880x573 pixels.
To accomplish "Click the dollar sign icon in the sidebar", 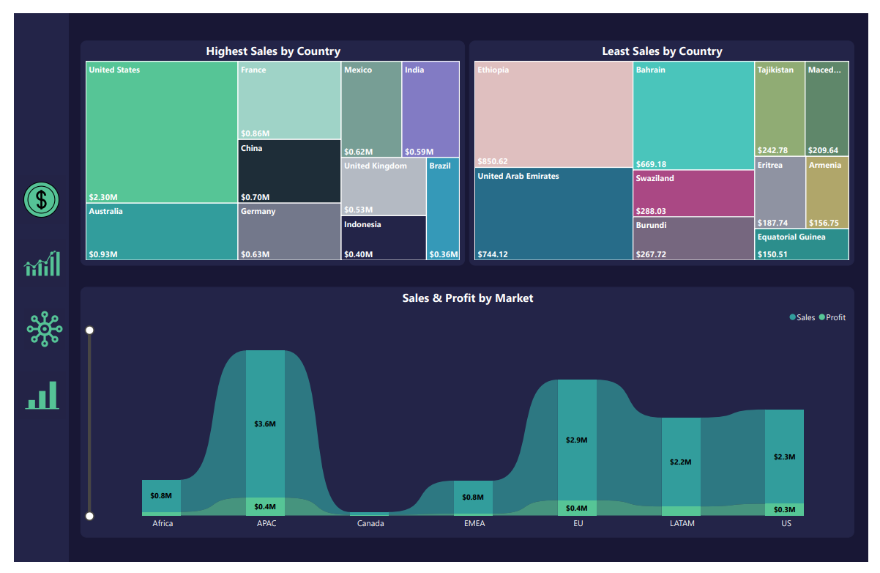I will [x=42, y=199].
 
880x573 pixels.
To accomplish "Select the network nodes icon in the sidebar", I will [x=45, y=329].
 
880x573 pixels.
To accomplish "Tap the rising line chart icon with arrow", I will [x=42, y=263].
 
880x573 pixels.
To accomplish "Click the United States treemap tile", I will [x=161, y=132].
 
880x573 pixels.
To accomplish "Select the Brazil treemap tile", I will [x=443, y=209].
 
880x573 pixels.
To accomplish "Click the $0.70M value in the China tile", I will [x=255, y=197].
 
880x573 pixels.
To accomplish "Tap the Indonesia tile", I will [x=384, y=238].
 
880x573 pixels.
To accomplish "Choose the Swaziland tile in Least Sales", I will [x=693, y=193].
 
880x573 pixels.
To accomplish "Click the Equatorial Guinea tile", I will [x=802, y=245].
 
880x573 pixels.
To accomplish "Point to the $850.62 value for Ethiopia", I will [x=493, y=161].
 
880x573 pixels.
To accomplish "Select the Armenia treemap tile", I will [x=827, y=192].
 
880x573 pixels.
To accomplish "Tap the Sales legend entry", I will [x=802, y=317].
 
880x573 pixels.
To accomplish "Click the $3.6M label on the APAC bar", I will [x=265, y=424].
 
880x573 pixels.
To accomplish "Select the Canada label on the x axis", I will [x=370, y=523].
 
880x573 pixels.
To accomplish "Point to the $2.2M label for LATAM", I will [x=680, y=462].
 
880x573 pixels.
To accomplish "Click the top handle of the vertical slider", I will [x=90, y=330].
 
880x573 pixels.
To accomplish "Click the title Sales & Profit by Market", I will [x=467, y=298].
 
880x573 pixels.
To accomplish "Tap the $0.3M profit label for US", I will [x=784, y=509].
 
